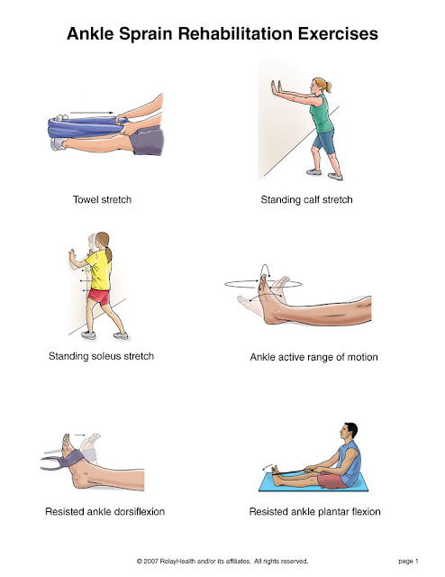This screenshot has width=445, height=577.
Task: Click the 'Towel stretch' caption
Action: point(101,198)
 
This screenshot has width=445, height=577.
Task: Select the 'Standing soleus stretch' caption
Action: point(101,356)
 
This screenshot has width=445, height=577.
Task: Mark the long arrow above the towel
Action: point(95,114)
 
